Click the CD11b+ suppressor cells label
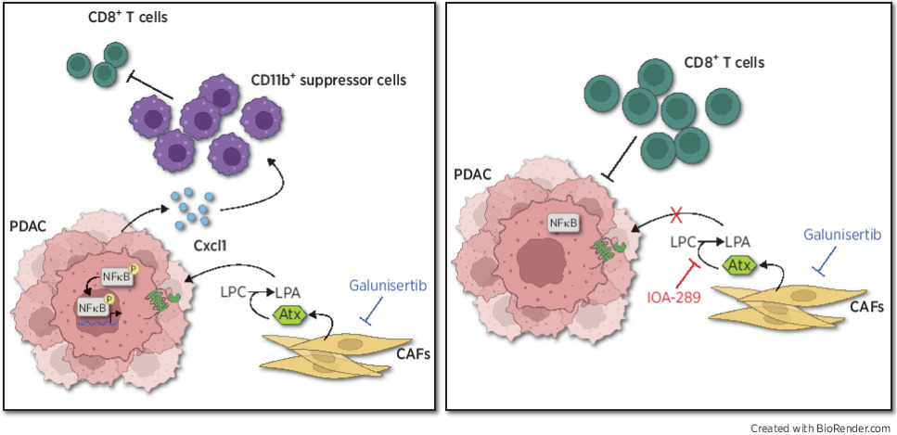pyautogui.click(x=329, y=81)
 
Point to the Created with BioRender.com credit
pyautogui.click(x=821, y=427)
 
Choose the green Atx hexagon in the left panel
pyautogui.click(x=288, y=314)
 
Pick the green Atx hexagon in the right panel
pyautogui.click(x=739, y=267)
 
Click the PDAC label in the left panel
pyautogui.click(x=27, y=225)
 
